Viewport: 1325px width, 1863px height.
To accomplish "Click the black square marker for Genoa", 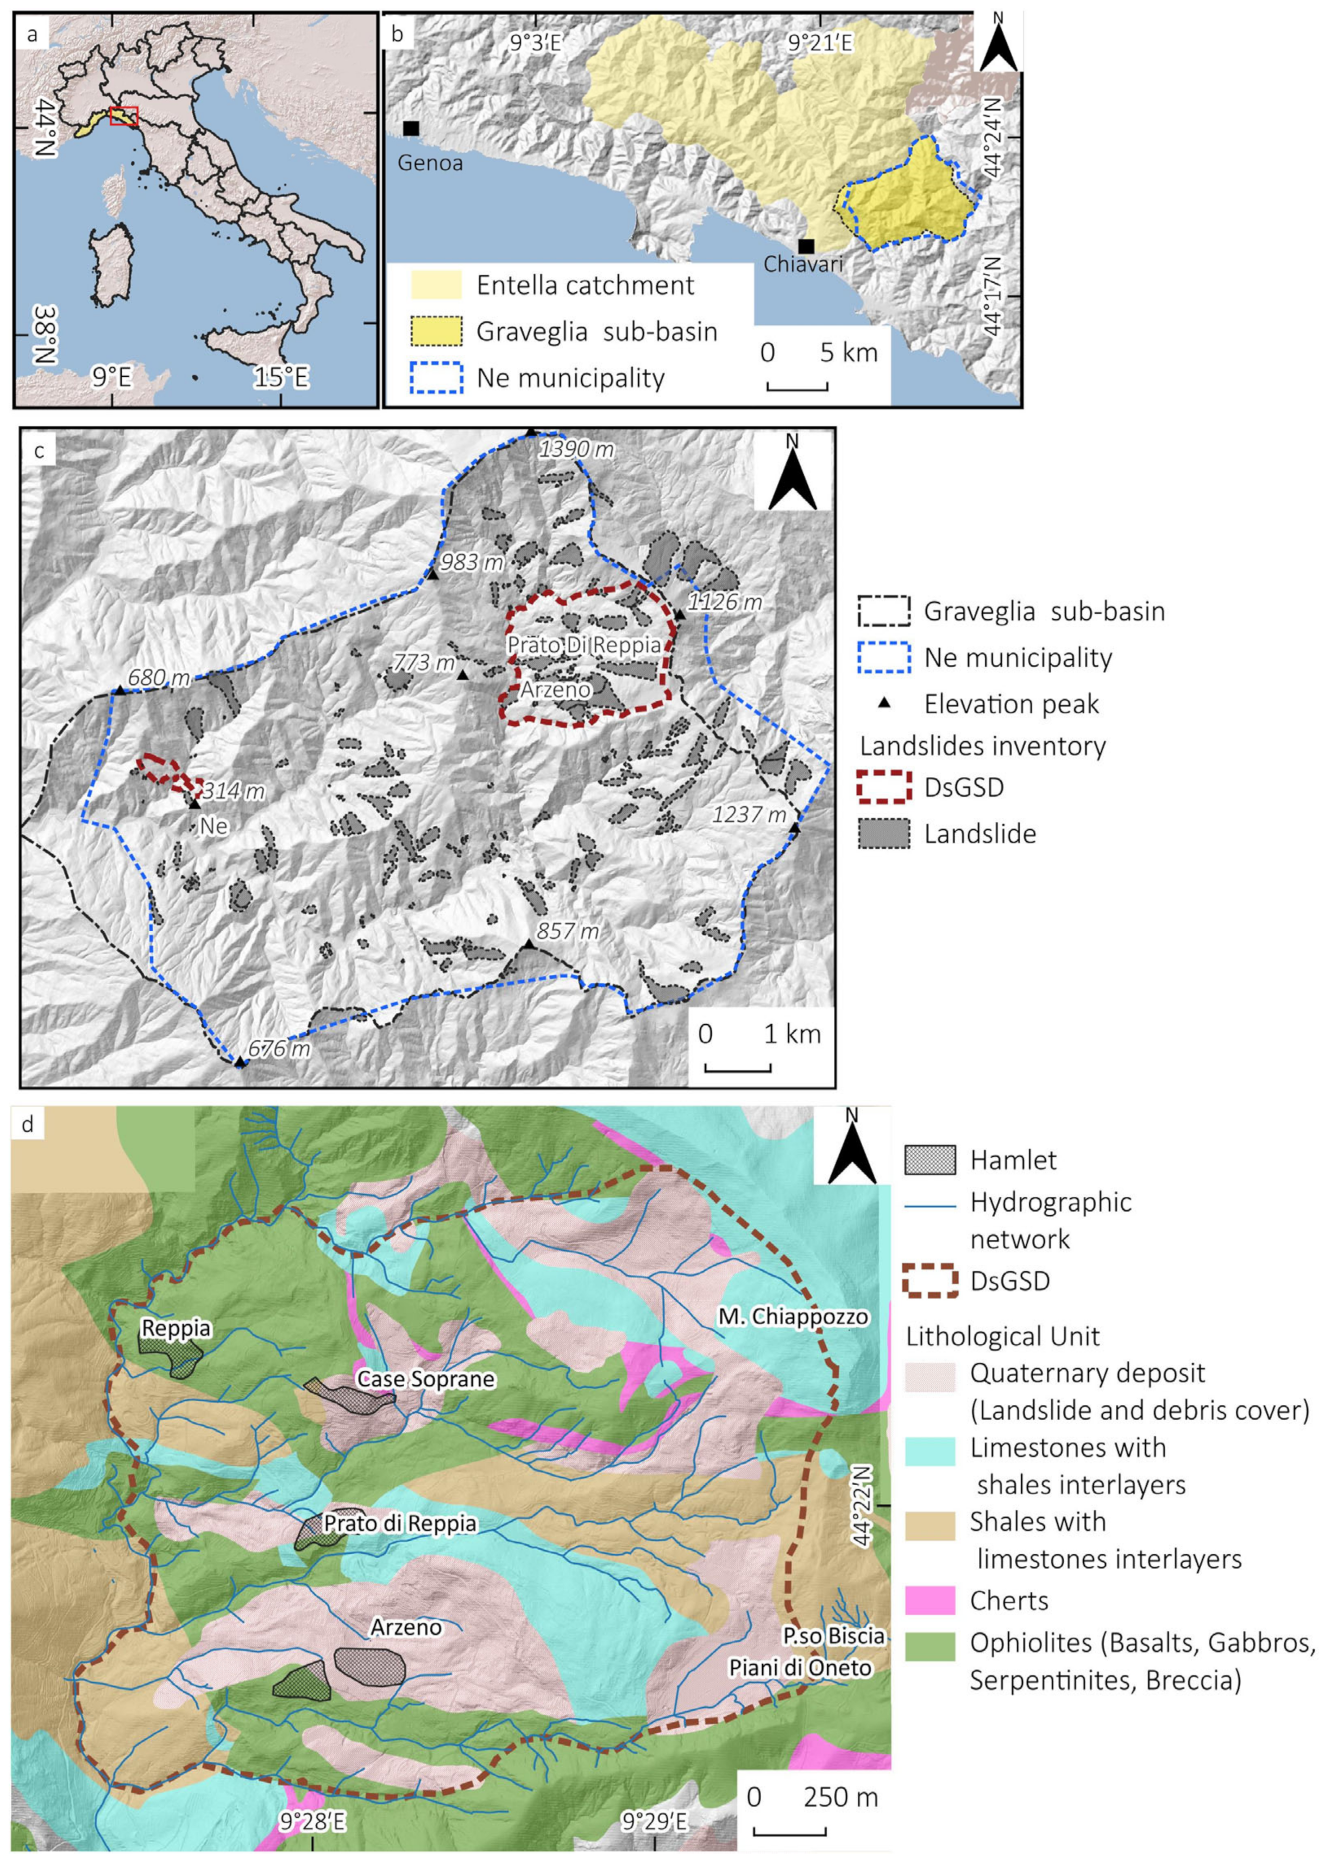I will pyautogui.click(x=410, y=128).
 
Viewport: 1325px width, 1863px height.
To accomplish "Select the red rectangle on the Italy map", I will pyautogui.click(x=124, y=117).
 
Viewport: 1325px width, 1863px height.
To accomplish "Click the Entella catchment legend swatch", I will pyautogui.click(x=436, y=286).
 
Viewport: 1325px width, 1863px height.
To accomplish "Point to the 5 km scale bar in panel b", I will pyautogui.click(x=797, y=385).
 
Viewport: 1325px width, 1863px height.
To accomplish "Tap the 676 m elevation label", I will pyautogui.click(x=279, y=1049).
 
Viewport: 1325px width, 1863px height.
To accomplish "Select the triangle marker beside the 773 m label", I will pyautogui.click(x=463, y=675).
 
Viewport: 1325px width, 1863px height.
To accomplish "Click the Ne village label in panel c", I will pyautogui.click(x=213, y=826).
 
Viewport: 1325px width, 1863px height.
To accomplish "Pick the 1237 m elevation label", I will pyautogui.click(x=748, y=814).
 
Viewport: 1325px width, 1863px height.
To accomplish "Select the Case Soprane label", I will pyautogui.click(x=426, y=1379).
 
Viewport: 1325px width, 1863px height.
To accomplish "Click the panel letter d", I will pyautogui.click(x=29, y=1125).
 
